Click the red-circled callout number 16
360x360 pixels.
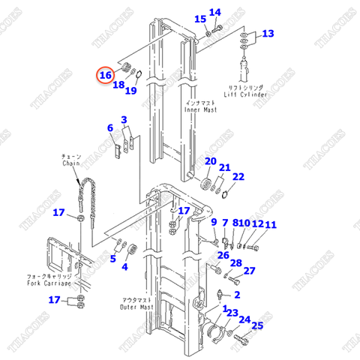click(106, 75)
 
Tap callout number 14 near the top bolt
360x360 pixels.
click(215, 13)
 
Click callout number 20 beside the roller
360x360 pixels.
click(210, 162)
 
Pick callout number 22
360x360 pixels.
click(238, 177)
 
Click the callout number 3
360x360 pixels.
click(124, 120)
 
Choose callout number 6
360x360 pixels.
click(110, 129)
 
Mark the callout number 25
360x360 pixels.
click(257, 325)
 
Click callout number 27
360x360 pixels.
click(250, 271)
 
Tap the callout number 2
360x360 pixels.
click(236, 295)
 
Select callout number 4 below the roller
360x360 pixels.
click(124, 267)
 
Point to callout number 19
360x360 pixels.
click(130, 91)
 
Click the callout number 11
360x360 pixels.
click(270, 225)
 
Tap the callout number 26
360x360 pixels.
click(223, 255)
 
